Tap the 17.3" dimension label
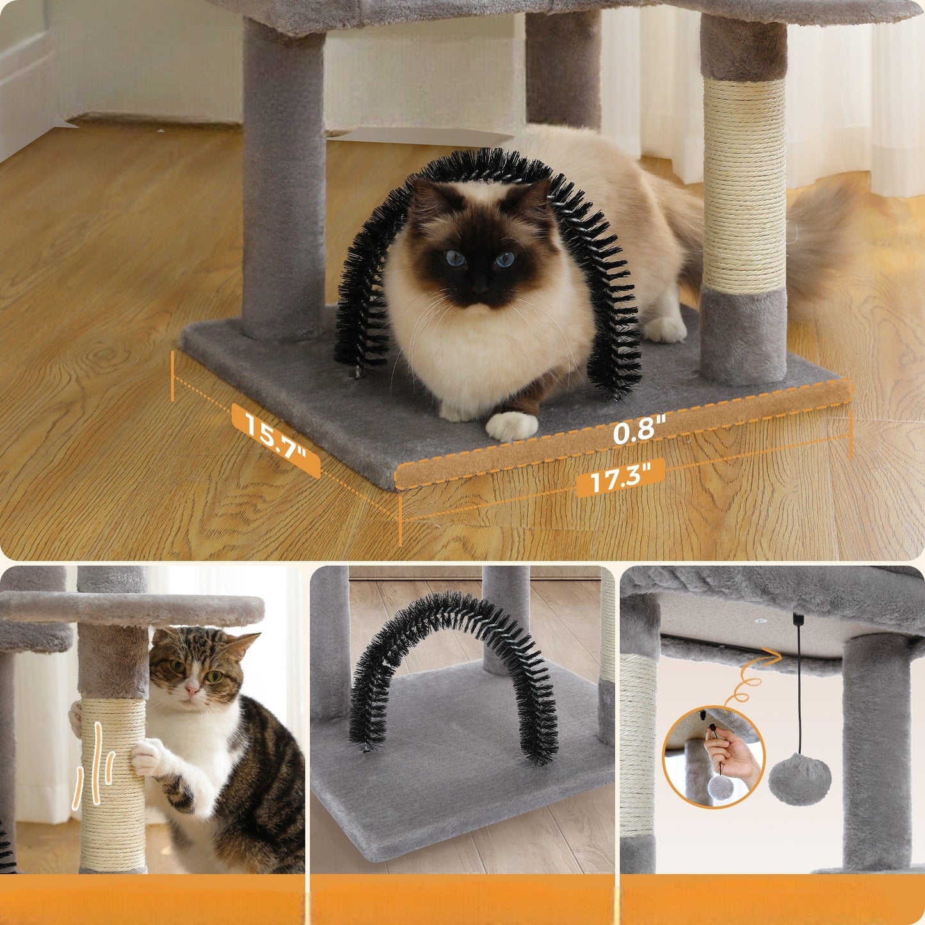click(x=620, y=478)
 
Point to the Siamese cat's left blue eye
click(x=455, y=258)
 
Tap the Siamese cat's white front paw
click(x=511, y=426)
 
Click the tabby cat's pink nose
click(x=193, y=690)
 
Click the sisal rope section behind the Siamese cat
click(x=744, y=184)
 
